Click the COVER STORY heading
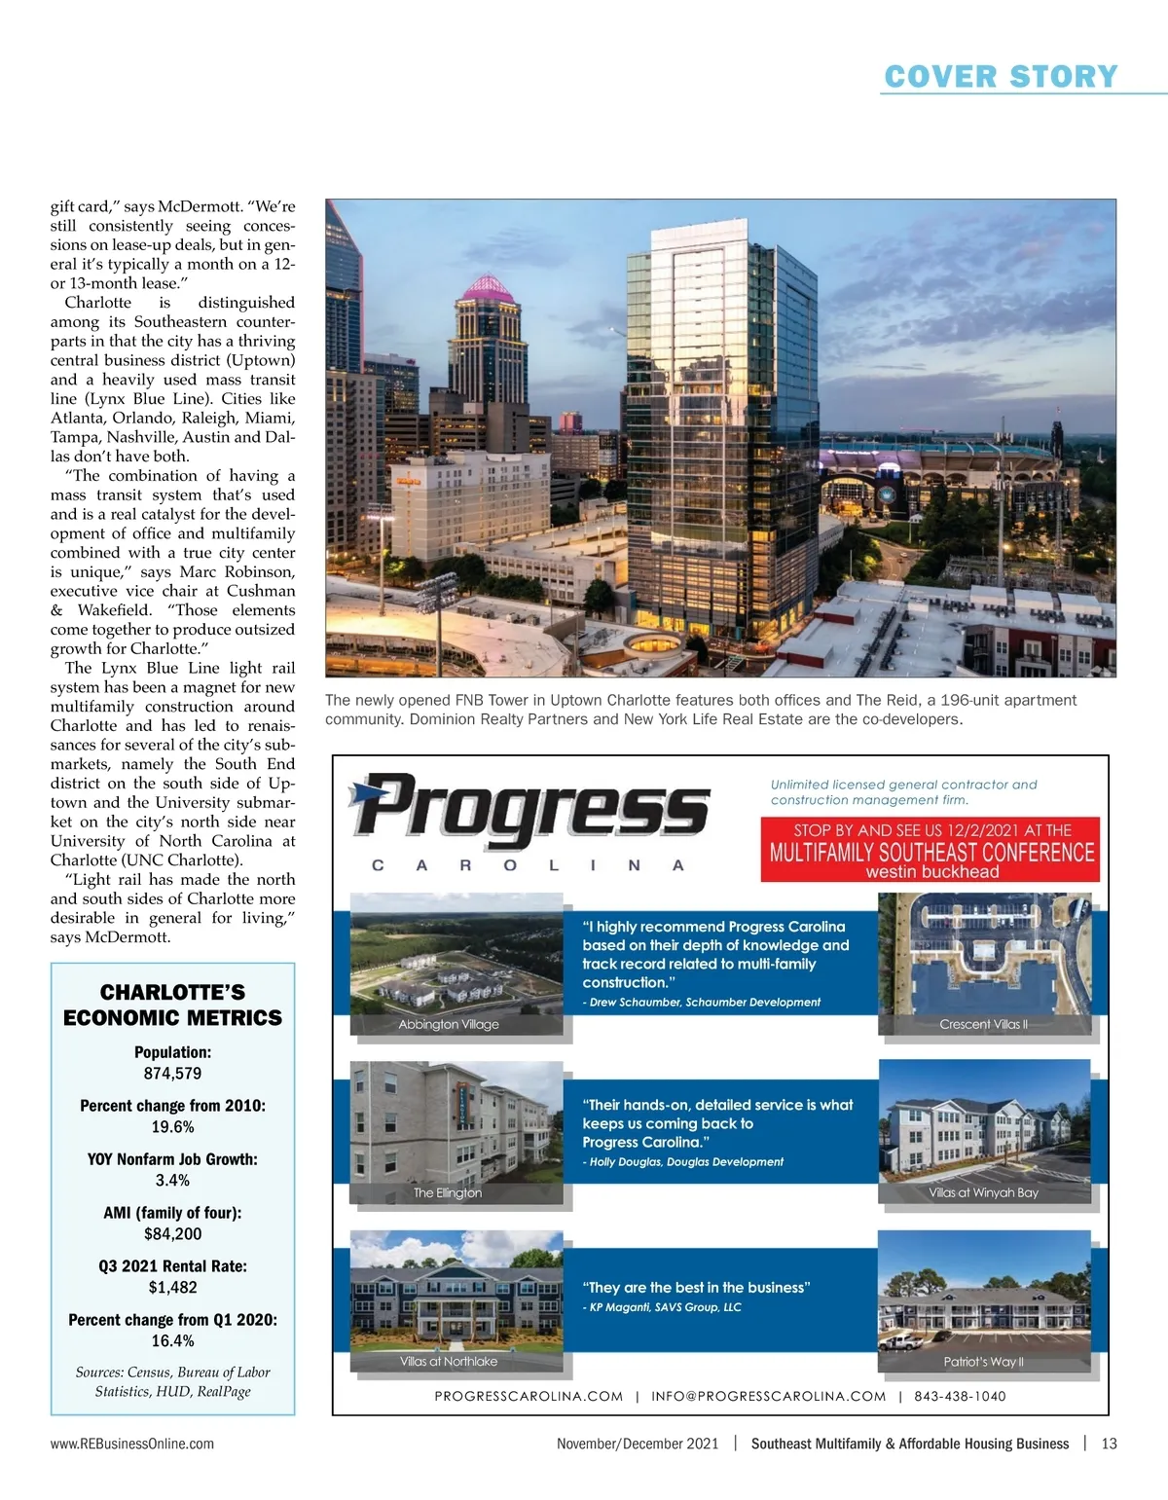(x=1001, y=77)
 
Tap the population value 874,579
(x=172, y=1074)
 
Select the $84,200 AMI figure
(x=172, y=1234)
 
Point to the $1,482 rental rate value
(x=172, y=1288)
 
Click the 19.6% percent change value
(x=172, y=1127)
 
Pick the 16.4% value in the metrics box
(x=172, y=1341)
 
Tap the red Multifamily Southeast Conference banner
(x=931, y=851)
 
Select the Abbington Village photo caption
(x=449, y=1025)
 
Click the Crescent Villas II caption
(x=983, y=1025)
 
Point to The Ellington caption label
(x=448, y=1193)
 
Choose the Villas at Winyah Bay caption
(x=983, y=1193)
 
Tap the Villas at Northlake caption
(x=449, y=1362)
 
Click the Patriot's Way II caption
(x=983, y=1363)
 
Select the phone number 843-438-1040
(x=960, y=1396)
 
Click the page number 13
(x=1109, y=1444)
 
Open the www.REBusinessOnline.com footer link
(x=132, y=1444)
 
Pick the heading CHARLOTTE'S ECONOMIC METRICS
(x=172, y=1005)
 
